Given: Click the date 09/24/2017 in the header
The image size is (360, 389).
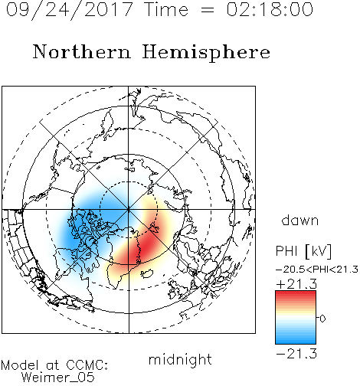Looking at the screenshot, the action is click(x=69, y=10).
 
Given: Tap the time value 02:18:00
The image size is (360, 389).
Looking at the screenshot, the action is click(x=270, y=9).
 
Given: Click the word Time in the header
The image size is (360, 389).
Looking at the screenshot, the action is click(x=166, y=9).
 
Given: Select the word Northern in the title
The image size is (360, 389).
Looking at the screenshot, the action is click(x=82, y=51).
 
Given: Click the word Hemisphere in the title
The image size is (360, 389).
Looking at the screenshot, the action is click(x=206, y=53).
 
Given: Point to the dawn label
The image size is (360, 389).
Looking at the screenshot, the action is click(x=300, y=220).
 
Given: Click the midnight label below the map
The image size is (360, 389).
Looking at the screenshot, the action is click(x=180, y=360).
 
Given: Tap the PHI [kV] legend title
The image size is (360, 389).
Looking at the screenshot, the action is click(x=303, y=251).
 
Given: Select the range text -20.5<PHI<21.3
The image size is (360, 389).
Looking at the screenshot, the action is click(x=317, y=270).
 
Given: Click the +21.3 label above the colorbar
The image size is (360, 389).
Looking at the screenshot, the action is click(x=296, y=284).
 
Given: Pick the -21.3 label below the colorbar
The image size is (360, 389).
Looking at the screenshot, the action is click(x=296, y=354).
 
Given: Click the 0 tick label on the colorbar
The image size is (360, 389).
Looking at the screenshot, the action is click(x=322, y=319).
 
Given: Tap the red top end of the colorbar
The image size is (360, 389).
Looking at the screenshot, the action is click(x=296, y=293).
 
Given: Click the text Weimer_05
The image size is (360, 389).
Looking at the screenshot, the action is click(x=58, y=378).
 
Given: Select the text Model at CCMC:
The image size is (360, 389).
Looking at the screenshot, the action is click(x=54, y=365).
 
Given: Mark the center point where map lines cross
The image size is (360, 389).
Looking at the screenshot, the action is click(x=129, y=210).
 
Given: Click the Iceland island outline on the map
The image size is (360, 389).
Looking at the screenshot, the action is click(x=147, y=273).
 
